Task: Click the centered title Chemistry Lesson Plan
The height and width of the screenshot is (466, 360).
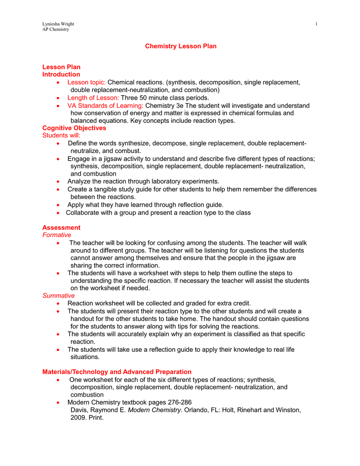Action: [x=181, y=46]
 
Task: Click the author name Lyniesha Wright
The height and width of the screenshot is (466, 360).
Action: [x=58, y=24]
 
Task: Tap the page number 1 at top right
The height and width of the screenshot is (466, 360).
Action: [x=316, y=24]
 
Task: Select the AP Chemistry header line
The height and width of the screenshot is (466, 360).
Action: [x=56, y=29]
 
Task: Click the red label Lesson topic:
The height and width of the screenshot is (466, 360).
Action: [x=86, y=82]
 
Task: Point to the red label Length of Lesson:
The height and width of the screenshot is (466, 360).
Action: [x=93, y=98]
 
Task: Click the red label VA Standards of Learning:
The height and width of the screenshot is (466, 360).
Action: [x=105, y=106]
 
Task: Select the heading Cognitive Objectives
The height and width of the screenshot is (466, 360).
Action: [x=74, y=128]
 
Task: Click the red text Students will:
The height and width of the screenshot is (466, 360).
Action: [x=61, y=136]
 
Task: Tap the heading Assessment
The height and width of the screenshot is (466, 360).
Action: [x=61, y=228]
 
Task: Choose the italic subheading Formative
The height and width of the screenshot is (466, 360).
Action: [x=57, y=235]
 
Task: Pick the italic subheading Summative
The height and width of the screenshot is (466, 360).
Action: [x=58, y=296]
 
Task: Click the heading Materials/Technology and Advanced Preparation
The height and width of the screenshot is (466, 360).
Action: [x=117, y=372]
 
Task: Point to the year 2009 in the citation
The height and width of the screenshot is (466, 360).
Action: [x=78, y=417]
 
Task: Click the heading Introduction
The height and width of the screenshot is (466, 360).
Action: [x=61, y=75]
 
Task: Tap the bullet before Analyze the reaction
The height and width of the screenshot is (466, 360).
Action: [x=58, y=182]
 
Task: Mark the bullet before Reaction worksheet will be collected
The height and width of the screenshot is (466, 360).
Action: [x=58, y=304]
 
